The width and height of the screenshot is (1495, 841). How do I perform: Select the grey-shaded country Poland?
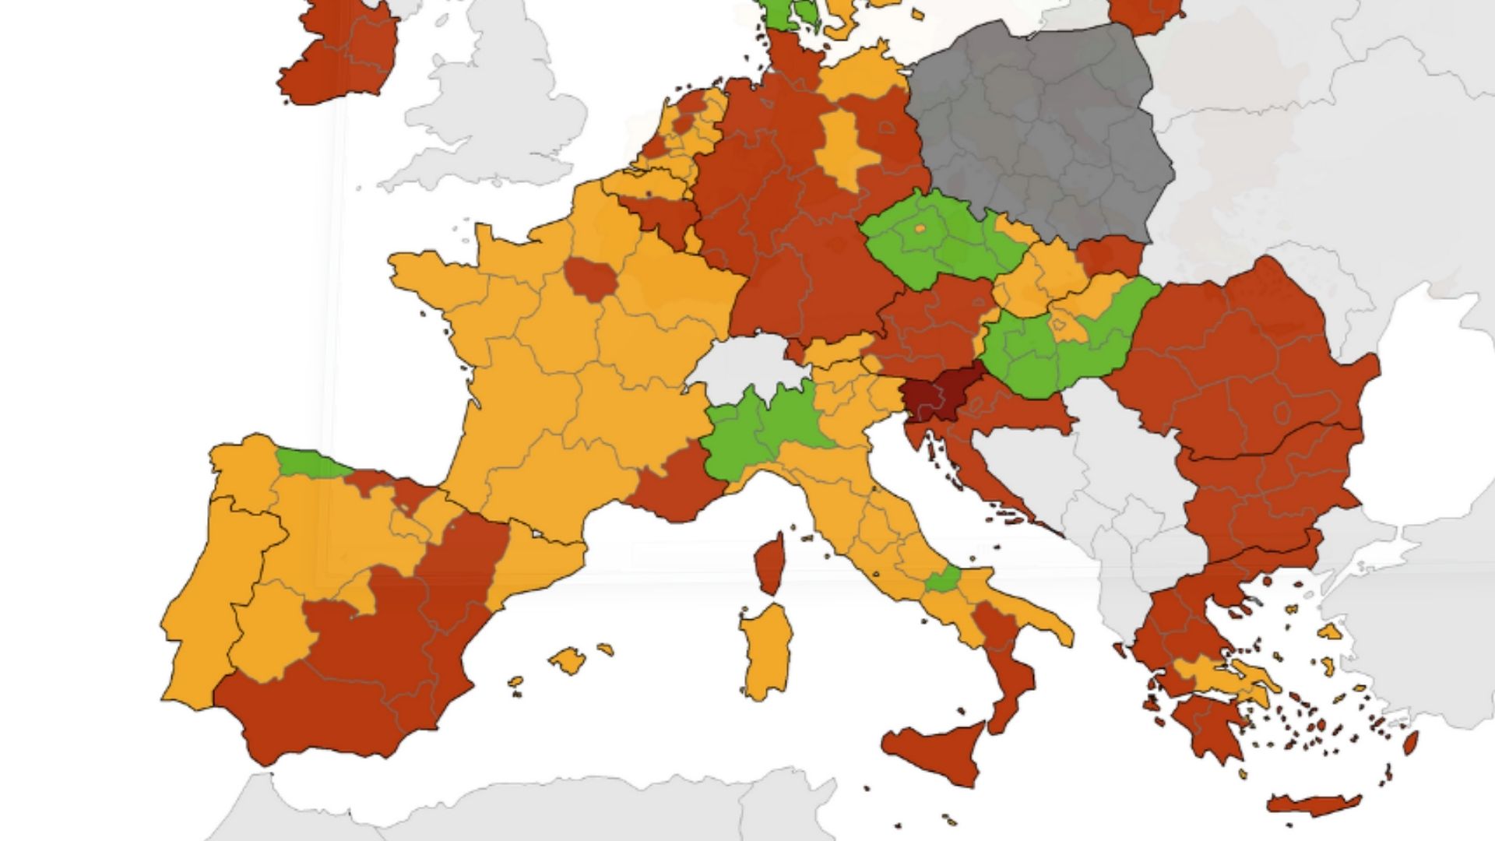click(1043, 132)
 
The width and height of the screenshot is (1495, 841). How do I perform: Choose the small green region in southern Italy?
click(943, 580)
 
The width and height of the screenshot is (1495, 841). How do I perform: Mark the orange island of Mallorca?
click(568, 660)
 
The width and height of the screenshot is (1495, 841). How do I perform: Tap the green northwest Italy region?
click(759, 436)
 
